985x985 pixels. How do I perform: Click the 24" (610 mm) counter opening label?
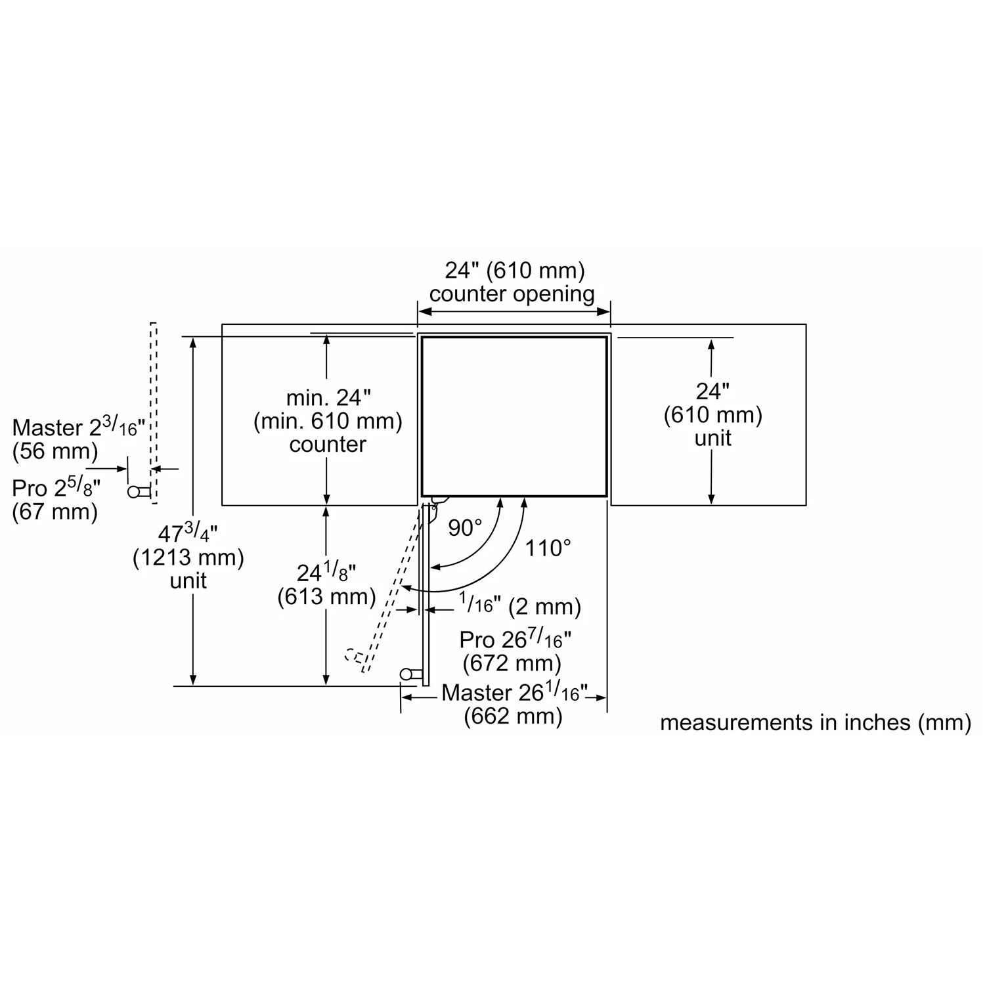[x=514, y=282]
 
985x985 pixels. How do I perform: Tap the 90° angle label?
[x=465, y=527]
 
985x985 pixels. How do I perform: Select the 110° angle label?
[x=548, y=548]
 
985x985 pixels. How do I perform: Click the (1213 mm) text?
[x=188, y=558]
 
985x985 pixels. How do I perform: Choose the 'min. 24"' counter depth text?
[x=328, y=397]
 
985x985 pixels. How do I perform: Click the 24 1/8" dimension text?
[x=326, y=573]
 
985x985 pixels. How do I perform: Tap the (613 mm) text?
[x=326, y=596]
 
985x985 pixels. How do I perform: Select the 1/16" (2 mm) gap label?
[x=519, y=605]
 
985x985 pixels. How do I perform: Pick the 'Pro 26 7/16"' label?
[x=515, y=639]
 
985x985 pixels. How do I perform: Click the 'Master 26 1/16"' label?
[x=514, y=692]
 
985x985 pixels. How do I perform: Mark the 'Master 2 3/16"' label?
[x=78, y=427]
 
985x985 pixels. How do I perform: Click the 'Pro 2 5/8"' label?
[x=56, y=488]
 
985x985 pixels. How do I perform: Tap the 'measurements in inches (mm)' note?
[x=815, y=722]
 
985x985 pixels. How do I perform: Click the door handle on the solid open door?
[x=408, y=674]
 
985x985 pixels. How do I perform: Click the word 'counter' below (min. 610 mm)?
[x=328, y=445]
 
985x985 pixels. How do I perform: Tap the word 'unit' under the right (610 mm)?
[x=712, y=438]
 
